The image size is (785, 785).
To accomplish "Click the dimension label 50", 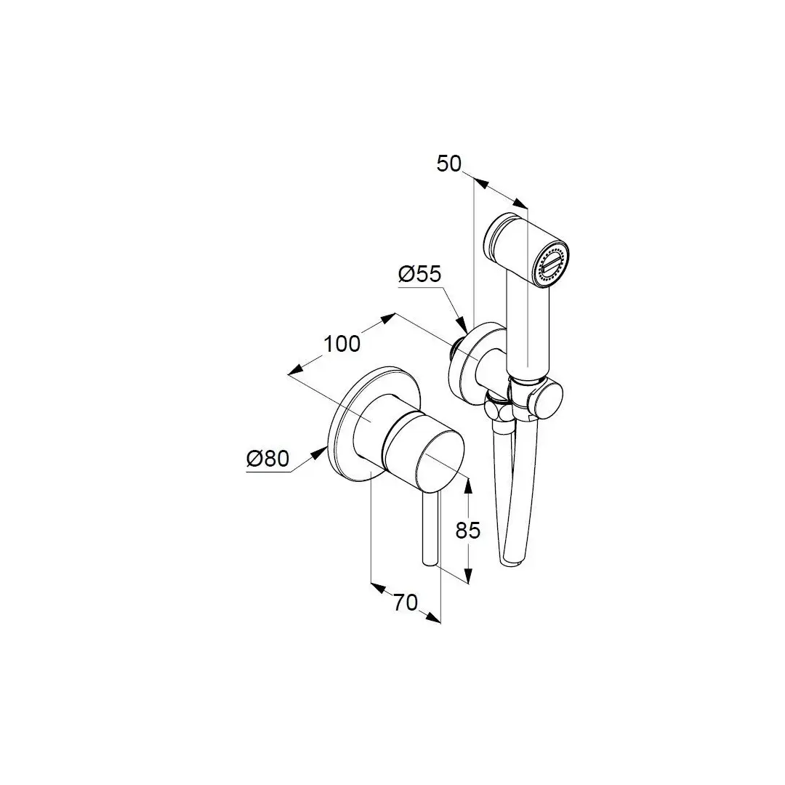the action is [448, 164].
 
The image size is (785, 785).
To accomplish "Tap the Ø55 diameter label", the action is [419, 274].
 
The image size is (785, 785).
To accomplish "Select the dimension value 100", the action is [342, 344].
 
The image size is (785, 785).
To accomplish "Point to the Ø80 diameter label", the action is [267, 458].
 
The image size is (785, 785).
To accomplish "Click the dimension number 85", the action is [467, 530].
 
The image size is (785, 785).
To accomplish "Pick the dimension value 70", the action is [405, 603].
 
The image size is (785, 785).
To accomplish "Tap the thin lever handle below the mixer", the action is [430, 530].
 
